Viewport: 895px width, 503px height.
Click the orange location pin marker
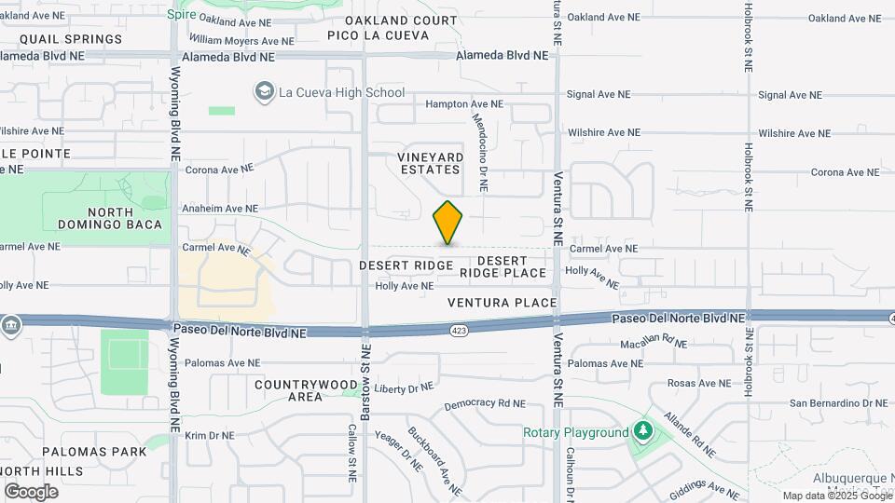point(448,223)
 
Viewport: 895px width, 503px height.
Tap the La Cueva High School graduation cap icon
point(265,91)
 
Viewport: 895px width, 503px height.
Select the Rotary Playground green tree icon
point(641,432)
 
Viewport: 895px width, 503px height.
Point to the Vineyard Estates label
point(430,163)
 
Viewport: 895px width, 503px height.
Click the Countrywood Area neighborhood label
point(305,390)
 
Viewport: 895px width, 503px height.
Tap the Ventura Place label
point(502,303)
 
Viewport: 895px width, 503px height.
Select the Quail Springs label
point(71,39)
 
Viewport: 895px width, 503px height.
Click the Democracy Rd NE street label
point(484,404)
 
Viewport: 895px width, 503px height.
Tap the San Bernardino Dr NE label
point(839,403)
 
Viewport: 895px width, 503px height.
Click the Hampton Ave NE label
point(463,105)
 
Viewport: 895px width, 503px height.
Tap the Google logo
point(31,492)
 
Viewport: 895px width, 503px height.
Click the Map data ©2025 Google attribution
point(837,496)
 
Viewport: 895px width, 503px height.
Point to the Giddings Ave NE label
point(706,486)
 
